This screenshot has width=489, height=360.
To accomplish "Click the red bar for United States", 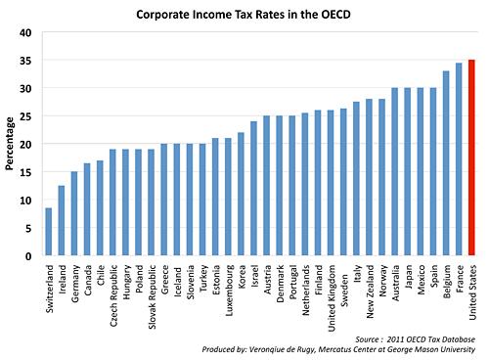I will [x=472, y=157].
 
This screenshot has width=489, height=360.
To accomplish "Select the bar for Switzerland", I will [x=49, y=232].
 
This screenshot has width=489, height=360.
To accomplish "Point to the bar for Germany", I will [x=74, y=214].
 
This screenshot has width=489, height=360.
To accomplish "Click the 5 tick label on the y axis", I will [x=29, y=228].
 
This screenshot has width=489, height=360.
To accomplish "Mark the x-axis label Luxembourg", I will [x=228, y=287].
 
